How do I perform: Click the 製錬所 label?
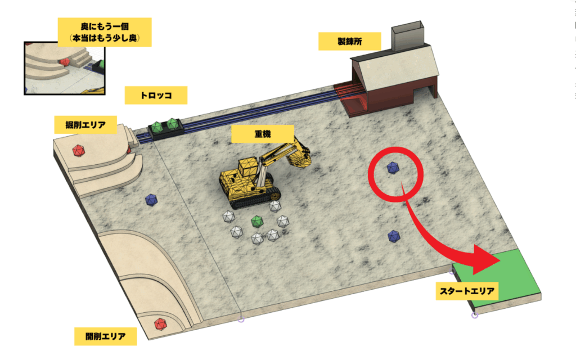[x=349, y=41]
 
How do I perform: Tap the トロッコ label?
[x=156, y=96]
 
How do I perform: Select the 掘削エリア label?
[x=85, y=125]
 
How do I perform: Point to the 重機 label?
[x=263, y=134]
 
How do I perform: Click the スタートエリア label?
[x=467, y=291]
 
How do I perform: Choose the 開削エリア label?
[x=105, y=336]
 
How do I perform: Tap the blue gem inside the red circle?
[x=393, y=168]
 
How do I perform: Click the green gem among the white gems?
[x=256, y=222]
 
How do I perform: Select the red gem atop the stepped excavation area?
[x=78, y=151]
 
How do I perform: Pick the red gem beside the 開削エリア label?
[x=160, y=324]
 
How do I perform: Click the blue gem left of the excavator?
[x=151, y=200]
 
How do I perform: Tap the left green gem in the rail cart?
[x=157, y=128]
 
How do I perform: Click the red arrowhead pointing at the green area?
[x=484, y=259]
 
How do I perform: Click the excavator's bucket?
[x=298, y=157]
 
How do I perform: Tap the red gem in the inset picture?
[x=65, y=62]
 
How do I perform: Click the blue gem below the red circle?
[x=394, y=236]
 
